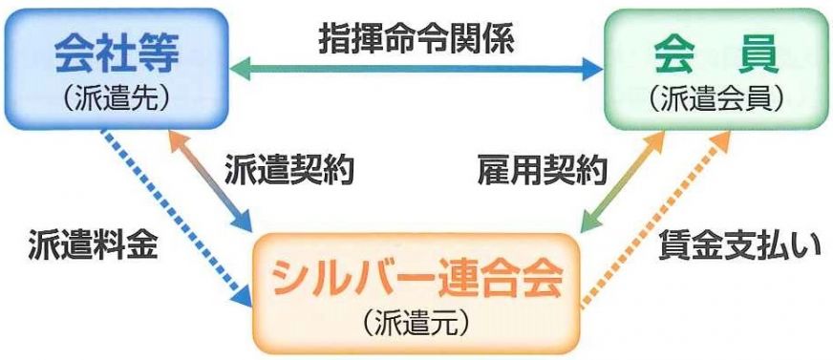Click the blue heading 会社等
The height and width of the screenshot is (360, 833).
pos(117,54)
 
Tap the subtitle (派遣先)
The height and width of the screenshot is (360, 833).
pos(117,101)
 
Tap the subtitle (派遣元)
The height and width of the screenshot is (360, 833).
pos(416,324)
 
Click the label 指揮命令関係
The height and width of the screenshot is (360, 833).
pos(416,40)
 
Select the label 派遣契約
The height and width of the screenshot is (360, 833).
pos(289,170)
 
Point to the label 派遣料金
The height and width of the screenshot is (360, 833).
pos(93,244)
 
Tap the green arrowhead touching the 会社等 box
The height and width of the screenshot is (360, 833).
pos(240,70)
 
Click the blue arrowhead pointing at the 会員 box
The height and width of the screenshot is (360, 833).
pos(592,70)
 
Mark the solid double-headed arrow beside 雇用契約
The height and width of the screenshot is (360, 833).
pos(622,181)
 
